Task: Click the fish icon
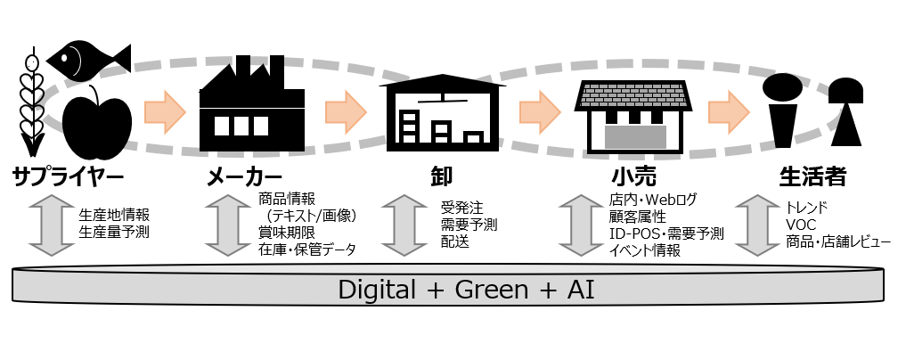pyautogui.click(x=87, y=58)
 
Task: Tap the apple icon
pyautogui.click(x=98, y=122)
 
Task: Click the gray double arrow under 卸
pyautogui.click(x=401, y=229)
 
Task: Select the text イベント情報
pyautogui.click(x=644, y=251)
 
